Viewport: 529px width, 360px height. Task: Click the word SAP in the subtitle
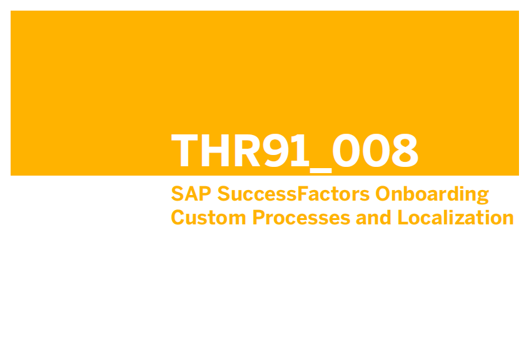coord(191,194)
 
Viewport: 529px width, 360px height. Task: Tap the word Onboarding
coord(432,195)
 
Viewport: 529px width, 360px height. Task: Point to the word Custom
coord(208,217)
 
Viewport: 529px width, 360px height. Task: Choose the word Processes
coord(301,217)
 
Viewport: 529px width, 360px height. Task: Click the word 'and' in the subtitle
coord(374,217)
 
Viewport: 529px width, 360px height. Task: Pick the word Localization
coord(456,217)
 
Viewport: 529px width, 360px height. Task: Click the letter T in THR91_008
coord(184,151)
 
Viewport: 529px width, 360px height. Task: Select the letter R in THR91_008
coord(247,151)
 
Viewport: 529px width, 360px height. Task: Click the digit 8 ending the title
coord(405,151)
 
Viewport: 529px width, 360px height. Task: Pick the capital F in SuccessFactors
coord(302,194)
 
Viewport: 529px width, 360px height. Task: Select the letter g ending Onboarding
coord(483,197)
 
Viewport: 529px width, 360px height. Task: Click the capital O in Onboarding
coord(383,194)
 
